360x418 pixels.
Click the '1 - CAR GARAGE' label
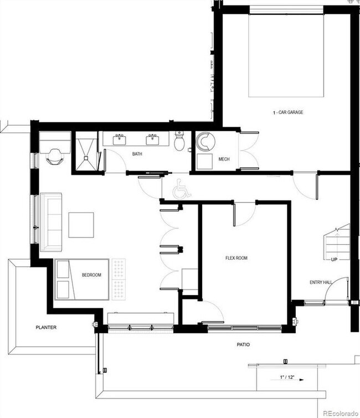pos(288,112)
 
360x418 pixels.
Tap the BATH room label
pos(137,154)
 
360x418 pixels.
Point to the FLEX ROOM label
pos(236,258)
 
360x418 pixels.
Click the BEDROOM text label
pos(91,275)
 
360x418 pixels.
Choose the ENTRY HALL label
pos(320,283)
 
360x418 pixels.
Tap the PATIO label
pos(243,345)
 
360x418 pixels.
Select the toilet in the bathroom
pos(179,142)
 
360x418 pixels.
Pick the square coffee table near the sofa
pos(81,225)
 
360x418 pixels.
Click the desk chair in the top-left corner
pos(55,156)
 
